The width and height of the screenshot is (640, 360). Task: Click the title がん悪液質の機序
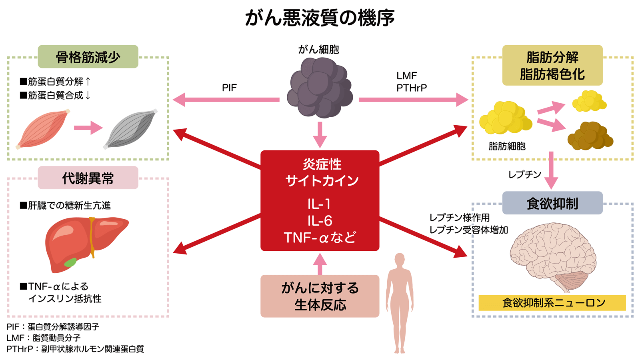[320, 18]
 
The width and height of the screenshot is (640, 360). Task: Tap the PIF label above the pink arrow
[229, 88]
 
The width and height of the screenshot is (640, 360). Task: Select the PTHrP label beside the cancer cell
[412, 88]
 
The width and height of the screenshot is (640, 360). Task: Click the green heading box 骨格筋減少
[88, 57]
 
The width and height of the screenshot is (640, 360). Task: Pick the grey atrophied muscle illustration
[130, 129]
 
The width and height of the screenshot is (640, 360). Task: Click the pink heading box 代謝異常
[88, 178]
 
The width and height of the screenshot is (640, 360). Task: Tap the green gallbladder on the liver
[70, 262]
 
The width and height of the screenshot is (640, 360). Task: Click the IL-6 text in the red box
[320, 221]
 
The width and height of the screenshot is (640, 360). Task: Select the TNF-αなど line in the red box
[320, 238]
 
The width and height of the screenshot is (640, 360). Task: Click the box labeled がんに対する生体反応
[320, 296]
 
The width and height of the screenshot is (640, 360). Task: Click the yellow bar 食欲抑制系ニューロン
[552, 303]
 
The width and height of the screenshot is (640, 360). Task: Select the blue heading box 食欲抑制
[552, 203]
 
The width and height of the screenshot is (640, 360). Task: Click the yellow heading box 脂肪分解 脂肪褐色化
[552, 65]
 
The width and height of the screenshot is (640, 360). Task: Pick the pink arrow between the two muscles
[88, 128]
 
